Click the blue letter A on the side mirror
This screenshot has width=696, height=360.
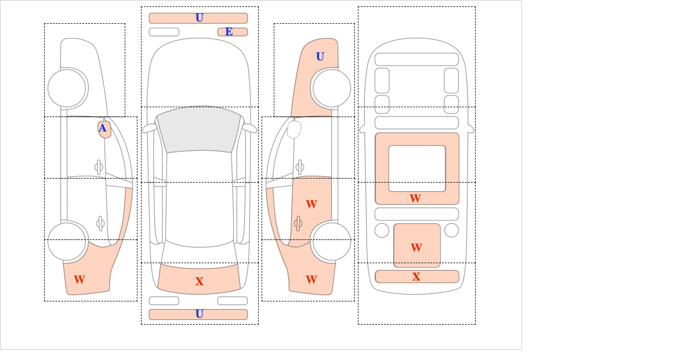click(103, 128)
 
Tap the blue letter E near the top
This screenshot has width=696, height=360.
click(229, 32)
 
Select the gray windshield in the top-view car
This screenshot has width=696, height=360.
click(199, 129)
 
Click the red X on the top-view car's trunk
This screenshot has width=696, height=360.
click(200, 281)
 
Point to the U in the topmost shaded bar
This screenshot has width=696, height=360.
click(200, 18)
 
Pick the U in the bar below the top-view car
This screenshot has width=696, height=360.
click(200, 314)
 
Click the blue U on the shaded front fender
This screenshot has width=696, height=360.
click(320, 56)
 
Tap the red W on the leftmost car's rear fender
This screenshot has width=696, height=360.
click(79, 279)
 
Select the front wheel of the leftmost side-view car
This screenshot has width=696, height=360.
click(67, 88)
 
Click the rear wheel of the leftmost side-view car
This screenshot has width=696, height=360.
click(67, 241)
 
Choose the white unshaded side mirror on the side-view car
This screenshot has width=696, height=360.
click(294, 129)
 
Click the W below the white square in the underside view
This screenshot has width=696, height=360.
click(415, 198)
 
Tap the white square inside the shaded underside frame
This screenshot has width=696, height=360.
click(417, 168)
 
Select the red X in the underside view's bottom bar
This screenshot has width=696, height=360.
click(416, 277)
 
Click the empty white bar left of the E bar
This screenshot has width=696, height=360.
click(164, 32)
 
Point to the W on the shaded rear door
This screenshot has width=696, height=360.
click(311, 204)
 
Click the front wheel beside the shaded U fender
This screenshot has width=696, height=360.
click(332, 88)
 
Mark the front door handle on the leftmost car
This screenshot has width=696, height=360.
click(99, 168)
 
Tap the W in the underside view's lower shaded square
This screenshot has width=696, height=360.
click(416, 248)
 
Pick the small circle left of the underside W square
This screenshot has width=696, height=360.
click(382, 231)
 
